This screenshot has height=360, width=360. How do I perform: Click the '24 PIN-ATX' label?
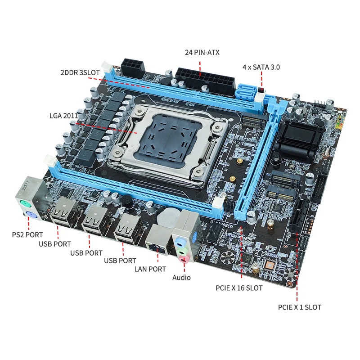click(202, 52)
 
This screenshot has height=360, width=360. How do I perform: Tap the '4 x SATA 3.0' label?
click(261, 67)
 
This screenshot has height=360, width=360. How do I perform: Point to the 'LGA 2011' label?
click(63, 116)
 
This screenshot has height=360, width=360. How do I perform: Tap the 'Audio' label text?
click(181, 278)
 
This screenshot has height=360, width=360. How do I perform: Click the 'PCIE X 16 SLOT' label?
click(239, 288)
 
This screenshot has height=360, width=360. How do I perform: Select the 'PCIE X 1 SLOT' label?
click(299, 307)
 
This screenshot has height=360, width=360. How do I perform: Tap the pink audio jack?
click(183, 258)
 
